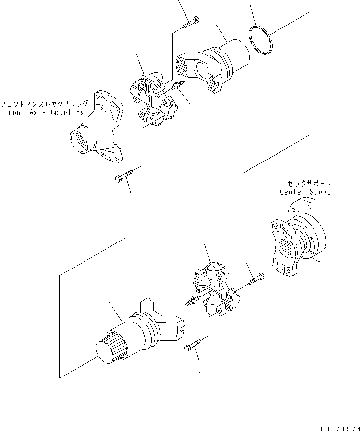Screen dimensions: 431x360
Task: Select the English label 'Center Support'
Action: [309, 192]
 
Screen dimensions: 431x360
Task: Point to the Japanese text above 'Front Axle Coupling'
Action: [44, 104]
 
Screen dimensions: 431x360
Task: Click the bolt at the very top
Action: [191, 23]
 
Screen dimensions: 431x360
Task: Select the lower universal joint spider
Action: [214, 290]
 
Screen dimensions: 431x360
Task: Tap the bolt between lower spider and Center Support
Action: [257, 280]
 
